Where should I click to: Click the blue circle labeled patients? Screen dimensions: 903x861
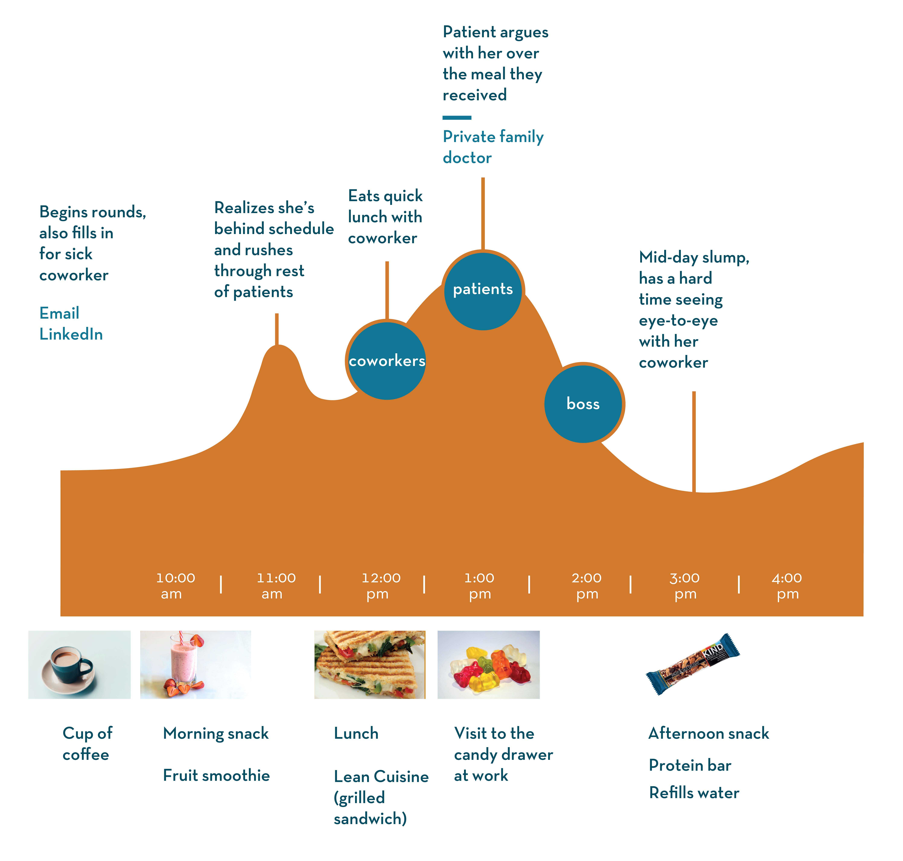coord(483,290)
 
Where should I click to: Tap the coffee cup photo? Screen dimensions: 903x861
coord(80,665)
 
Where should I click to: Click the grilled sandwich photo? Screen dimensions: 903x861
coord(370,665)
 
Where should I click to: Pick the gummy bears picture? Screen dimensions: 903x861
coord(488,665)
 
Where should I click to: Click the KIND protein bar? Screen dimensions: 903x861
coord(693,664)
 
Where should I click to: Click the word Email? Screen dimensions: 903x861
coord(59,313)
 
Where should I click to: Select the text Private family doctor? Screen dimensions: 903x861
coord(493,147)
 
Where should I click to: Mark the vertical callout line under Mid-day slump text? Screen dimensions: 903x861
coord(694,442)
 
